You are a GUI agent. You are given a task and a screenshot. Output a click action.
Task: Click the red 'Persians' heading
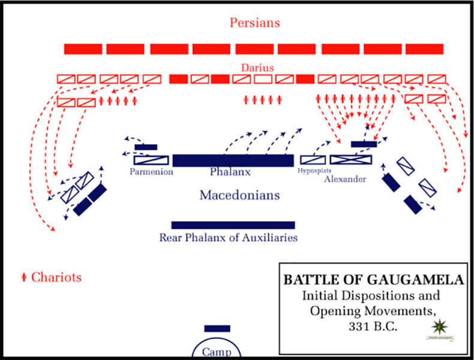(x=254, y=23)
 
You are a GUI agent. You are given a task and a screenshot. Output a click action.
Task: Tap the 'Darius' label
(x=257, y=68)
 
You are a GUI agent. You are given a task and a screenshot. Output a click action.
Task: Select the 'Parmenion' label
(x=152, y=172)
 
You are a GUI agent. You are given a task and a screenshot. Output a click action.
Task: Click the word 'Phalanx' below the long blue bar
(x=229, y=172)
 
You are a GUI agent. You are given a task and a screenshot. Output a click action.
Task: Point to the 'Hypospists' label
(x=314, y=171)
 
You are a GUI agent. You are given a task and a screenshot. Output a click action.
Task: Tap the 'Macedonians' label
(x=239, y=196)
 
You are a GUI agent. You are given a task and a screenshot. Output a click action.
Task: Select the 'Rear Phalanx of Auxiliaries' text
(x=229, y=238)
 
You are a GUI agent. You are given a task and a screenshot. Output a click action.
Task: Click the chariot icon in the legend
(x=24, y=277)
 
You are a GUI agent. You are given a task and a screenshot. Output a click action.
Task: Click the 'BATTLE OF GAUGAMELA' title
(x=373, y=280)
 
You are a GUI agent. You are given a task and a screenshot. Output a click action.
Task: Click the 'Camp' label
(x=216, y=352)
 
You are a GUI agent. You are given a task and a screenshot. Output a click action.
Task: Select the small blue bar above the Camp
(x=217, y=328)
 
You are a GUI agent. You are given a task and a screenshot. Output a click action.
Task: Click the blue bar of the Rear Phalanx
(x=233, y=225)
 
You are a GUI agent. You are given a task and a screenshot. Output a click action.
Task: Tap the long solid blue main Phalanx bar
(x=233, y=160)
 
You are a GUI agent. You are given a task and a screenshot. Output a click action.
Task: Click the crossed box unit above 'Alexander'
(x=351, y=160)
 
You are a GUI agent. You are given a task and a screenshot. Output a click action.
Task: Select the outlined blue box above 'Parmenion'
(x=151, y=160)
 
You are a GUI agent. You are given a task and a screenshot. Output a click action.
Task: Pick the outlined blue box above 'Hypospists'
(x=313, y=160)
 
